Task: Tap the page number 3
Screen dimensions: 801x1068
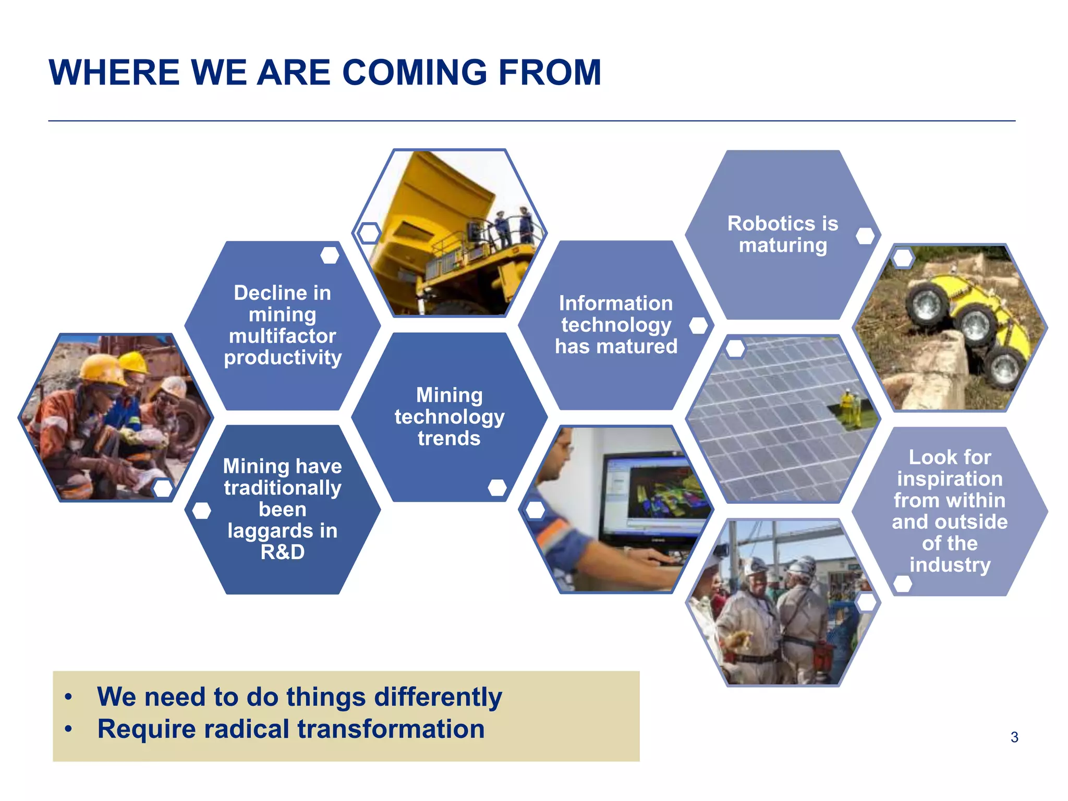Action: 1014,737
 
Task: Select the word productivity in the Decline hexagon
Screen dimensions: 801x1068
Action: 283,358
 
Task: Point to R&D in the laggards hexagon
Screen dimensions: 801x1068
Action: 283,552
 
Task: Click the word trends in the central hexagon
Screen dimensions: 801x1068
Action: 449,438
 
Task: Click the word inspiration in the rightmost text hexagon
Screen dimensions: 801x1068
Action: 950,479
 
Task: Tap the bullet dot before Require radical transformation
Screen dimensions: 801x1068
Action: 68,729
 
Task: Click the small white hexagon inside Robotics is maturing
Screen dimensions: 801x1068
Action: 865,236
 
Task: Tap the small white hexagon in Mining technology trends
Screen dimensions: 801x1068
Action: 497,488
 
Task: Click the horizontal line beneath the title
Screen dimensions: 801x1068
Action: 532,121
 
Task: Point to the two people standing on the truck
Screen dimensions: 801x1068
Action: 514,227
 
